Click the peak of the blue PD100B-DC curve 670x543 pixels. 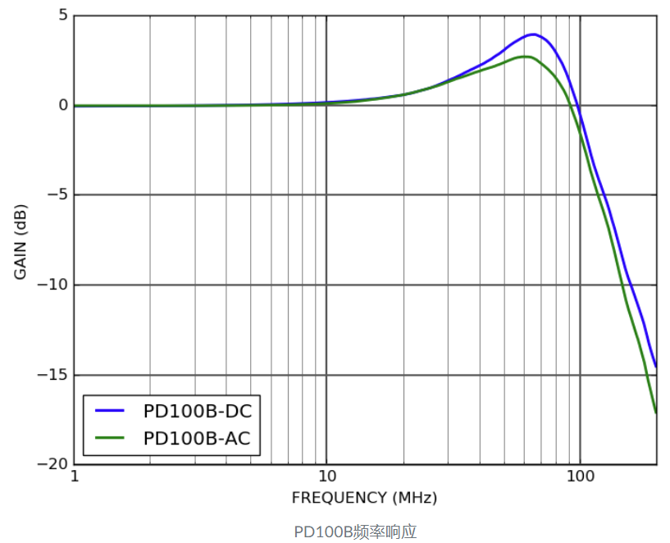tap(534, 34)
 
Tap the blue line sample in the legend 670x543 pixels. tap(110, 411)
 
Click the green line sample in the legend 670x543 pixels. tap(110, 439)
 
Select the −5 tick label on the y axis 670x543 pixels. tap(56, 195)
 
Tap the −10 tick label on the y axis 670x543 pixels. tap(52, 285)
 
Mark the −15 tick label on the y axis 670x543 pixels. tap(52, 375)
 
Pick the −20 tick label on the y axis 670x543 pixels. tap(52, 464)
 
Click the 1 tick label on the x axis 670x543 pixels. tap(75, 477)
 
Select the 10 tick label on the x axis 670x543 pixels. tap(326, 477)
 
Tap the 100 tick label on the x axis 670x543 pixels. tap(580, 477)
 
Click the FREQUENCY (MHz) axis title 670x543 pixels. tap(364, 498)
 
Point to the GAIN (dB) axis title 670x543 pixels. tap(21, 239)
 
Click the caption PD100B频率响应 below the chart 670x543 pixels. tap(356, 532)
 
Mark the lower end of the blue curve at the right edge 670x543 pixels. tap(655, 366)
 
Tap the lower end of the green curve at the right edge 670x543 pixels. tap(655, 412)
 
